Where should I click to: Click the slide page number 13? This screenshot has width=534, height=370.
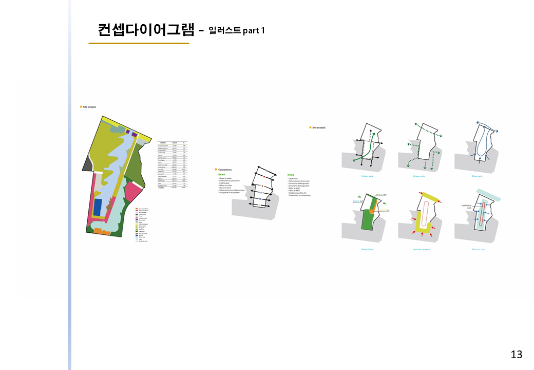pyautogui.click(x=517, y=354)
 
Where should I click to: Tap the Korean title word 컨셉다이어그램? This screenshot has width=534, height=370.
pyautogui.click(x=146, y=30)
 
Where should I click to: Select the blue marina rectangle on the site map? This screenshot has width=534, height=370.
pyautogui.click(x=98, y=207)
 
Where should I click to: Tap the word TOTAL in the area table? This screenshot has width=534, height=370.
pyautogui.click(x=161, y=188)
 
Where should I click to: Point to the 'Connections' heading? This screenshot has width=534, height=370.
pyautogui.click(x=225, y=169)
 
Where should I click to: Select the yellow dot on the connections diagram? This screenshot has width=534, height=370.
pyautogui.click(x=261, y=205)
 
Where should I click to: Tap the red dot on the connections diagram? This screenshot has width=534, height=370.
pyautogui.click(x=263, y=177)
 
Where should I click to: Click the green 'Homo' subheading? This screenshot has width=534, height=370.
pyautogui.click(x=221, y=174)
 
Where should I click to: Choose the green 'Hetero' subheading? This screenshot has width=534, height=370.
pyautogui.click(x=292, y=174)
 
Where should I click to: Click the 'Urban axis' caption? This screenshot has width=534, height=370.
pyautogui.click(x=367, y=176)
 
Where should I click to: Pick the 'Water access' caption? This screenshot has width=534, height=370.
pyautogui.click(x=478, y=249)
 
